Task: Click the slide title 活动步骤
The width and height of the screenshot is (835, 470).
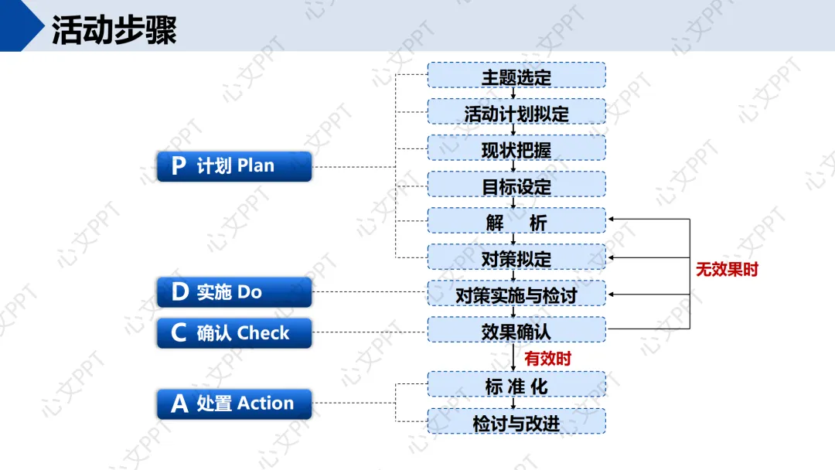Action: point(114,30)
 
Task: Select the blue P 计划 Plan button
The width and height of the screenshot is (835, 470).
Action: point(233,166)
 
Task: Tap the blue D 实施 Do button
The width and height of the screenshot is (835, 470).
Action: point(233,292)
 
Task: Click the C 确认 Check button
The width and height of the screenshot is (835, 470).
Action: point(233,333)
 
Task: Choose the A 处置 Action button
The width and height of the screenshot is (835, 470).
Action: point(233,404)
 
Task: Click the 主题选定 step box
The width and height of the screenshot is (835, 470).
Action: point(516,77)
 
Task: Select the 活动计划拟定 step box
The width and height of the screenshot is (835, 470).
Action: point(516,113)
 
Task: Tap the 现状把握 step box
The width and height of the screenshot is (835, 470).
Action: point(516,149)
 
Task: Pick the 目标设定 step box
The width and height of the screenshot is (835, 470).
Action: point(516,186)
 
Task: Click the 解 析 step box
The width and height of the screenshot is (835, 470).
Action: point(516,222)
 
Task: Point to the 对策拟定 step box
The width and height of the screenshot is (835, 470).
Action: point(516,257)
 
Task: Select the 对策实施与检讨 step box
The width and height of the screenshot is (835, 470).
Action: point(516,294)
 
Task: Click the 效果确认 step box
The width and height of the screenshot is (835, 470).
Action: point(516,330)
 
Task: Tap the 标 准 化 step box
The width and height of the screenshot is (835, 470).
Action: point(516,385)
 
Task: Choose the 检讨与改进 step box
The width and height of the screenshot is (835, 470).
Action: point(516,422)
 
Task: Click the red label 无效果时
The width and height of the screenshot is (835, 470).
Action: point(727,270)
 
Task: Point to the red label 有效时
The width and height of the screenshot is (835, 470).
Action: point(547,359)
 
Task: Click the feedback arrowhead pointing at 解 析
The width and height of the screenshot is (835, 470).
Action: point(611,220)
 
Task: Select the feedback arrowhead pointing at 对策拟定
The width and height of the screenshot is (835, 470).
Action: point(611,257)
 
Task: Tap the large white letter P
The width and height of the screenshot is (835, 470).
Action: point(179,166)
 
